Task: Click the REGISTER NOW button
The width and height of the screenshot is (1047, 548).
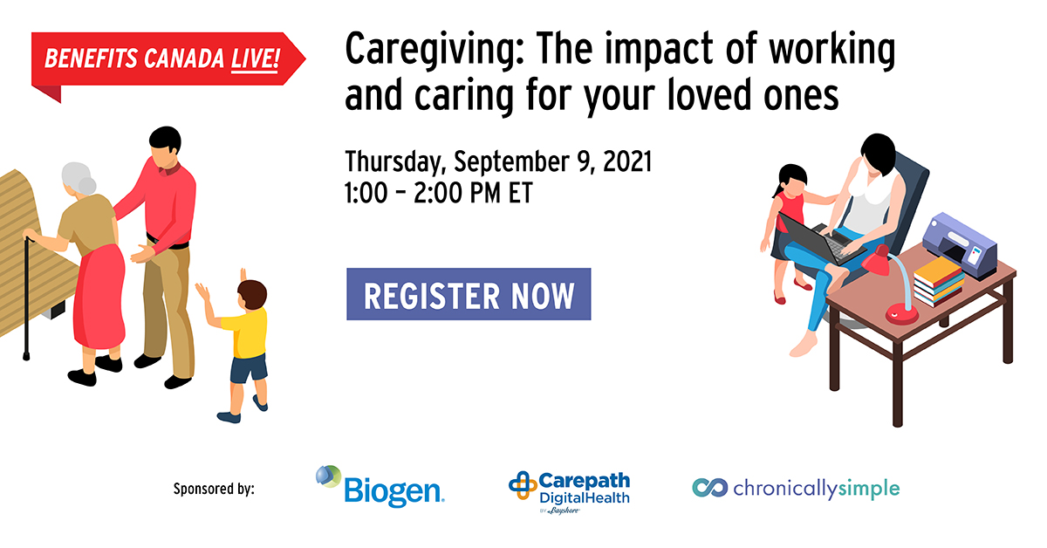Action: tap(469, 294)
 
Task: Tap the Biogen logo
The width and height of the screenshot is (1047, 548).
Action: tap(380, 486)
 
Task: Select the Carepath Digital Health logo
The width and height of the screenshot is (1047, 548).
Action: tap(569, 493)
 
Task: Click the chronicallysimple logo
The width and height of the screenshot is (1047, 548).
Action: tap(796, 489)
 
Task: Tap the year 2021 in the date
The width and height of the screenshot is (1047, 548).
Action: tap(627, 161)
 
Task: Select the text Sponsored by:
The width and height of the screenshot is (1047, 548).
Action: tap(214, 489)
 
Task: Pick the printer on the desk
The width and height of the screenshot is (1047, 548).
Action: tap(959, 245)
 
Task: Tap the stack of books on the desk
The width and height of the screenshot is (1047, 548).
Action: tap(938, 281)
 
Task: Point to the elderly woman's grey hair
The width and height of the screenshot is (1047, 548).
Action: tap(79, 179)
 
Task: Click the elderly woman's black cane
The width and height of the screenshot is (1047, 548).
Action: tap(27, 298)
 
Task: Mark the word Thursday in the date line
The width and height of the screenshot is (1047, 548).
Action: tap(393, 162)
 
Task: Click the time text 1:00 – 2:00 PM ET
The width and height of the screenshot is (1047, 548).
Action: tap(438, 193)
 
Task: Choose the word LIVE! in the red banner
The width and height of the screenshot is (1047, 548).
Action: tap(255, 59)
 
